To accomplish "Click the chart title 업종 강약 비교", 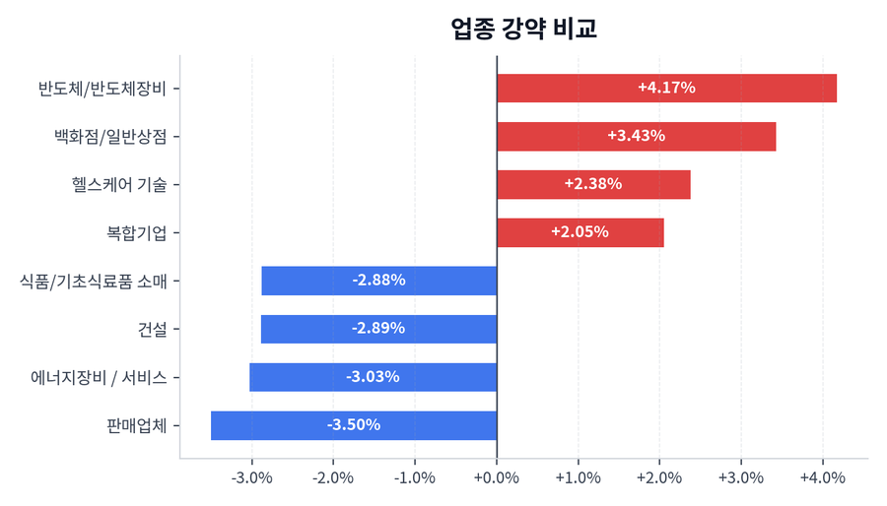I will click(523, 29).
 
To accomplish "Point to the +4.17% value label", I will click(666, 88).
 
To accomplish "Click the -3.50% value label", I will click(353, 425).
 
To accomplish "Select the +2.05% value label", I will click(580, 232).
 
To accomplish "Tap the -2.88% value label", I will click(378, 281).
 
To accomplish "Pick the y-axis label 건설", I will click(152, 329).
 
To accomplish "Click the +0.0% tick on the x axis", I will click(497, 478).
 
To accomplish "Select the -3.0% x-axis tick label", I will click(251, 478).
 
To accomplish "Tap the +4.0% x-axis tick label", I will click(822, 478).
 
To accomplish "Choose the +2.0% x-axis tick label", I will click(659, 478).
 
